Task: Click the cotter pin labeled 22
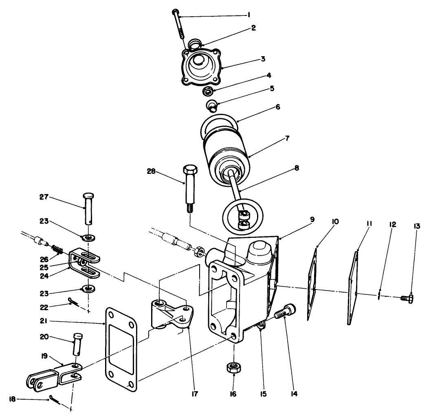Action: point(74,301)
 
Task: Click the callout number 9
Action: point(312,219)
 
